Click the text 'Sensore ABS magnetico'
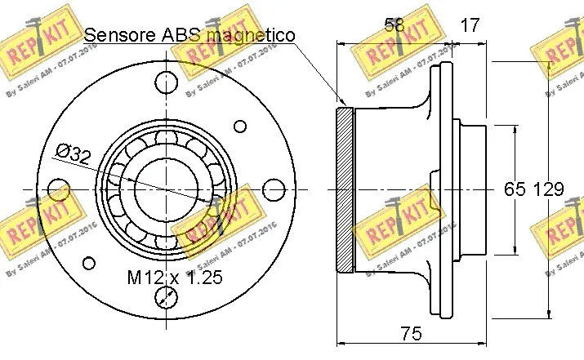[189, 34]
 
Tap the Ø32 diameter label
[74, 153]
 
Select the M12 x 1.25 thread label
[175, 278]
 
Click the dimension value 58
[394, 25]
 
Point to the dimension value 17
[469, 25]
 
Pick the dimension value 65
[514, 189]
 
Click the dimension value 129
[548, 189]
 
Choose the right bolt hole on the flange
[272, 190]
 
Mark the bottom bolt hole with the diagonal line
[166, 299]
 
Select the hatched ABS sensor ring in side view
[345, 189]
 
